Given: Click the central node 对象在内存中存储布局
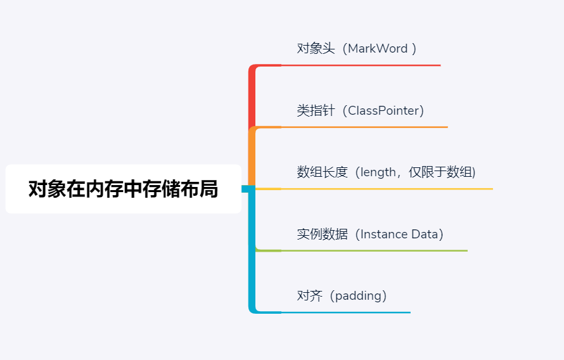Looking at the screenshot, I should coord(123,189).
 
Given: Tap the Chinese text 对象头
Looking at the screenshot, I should coord(316,49).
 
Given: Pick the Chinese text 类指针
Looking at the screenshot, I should coord(316,111).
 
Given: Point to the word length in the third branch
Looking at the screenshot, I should coord(378,172).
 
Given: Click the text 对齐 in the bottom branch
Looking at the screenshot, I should coord(309,296).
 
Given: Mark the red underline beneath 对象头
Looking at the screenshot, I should coord(361,65).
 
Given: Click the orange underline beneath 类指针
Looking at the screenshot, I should coord(364,127).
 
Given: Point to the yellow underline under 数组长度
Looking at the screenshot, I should coord(387,189).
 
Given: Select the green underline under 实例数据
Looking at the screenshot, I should coord(374,251).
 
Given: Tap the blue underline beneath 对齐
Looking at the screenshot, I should coord(345,312).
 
